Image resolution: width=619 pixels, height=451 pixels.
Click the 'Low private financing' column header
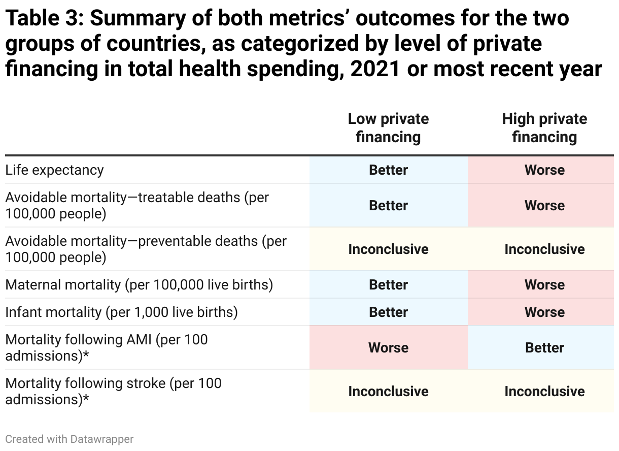(388, 128)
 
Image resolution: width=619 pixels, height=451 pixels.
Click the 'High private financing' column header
(544, 128)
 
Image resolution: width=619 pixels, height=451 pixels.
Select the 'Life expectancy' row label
(55, 170)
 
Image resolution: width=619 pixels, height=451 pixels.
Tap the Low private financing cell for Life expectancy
(388, 170)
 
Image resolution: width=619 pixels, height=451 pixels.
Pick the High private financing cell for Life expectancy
(544, 170)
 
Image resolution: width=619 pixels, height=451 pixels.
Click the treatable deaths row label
(137, 206)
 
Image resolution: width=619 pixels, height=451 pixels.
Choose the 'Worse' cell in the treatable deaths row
(544, 206)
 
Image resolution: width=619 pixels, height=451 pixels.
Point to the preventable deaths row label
(146, 249)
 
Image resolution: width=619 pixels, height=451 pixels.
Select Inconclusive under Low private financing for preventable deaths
(388, 249)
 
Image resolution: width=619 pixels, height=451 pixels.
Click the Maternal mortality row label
(139, 285)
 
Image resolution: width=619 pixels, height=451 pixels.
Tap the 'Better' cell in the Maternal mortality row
(388, 285)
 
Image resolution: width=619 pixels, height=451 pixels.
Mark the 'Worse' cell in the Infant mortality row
(544, 312)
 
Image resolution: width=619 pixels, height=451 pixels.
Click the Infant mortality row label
(121, 312)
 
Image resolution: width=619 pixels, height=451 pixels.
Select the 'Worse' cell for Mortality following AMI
(388, 348)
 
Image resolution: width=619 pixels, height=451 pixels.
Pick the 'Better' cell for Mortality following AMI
(544, 348)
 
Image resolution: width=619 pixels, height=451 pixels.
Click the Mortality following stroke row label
(113, 391)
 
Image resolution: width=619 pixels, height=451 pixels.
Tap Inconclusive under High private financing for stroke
(544, 392)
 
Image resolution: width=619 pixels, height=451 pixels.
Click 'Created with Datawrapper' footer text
(70, 439)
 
